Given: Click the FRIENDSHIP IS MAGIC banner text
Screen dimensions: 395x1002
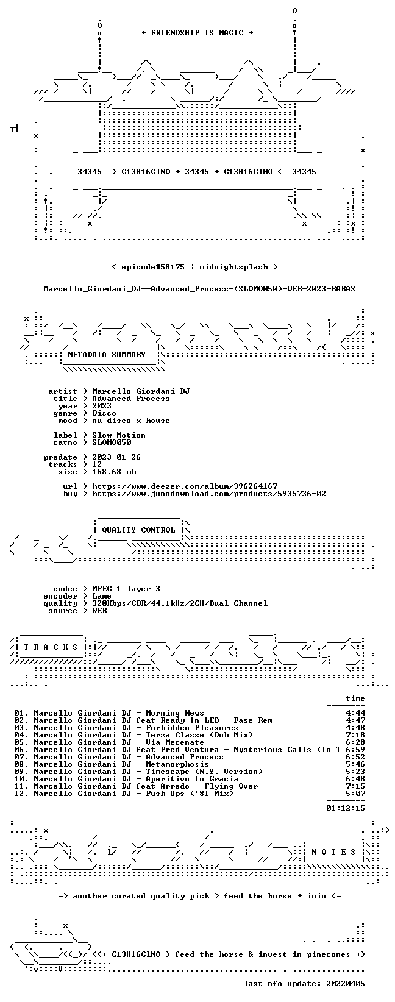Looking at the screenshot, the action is tap(197, 33).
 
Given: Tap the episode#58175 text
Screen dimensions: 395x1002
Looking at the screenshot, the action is tap(153, 267).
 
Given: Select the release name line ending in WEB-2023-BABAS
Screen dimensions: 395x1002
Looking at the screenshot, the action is tap(199, 289).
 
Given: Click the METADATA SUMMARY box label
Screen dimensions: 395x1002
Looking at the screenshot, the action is tap(107, 355).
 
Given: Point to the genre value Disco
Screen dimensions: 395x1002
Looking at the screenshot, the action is tap(104, 413).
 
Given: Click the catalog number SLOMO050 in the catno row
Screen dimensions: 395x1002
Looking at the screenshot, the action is tap(112, 442).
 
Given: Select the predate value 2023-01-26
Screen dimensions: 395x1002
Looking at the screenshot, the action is tap(116, 457).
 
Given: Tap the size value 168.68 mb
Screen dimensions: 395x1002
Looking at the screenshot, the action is tap(114, 472).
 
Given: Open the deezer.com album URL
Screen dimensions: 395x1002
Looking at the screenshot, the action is tap(185, 486).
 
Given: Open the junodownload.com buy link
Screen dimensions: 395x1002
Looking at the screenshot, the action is tap(209, 494).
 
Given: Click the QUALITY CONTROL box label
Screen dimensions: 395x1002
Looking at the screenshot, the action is tap(138, 530).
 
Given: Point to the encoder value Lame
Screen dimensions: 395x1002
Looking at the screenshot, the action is tap(102, 596).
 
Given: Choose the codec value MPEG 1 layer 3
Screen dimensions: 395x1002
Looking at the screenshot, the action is tap(126, 589).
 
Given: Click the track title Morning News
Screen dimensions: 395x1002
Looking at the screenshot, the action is tap(175, 713).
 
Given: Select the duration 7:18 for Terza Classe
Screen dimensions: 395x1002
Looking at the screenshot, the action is tap(355, 735).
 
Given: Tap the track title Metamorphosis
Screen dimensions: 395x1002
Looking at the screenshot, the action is tap(177, 764).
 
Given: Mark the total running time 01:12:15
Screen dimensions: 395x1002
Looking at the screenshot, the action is tap(346, 808).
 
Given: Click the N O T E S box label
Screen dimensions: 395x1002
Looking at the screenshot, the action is tap(333, 852).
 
